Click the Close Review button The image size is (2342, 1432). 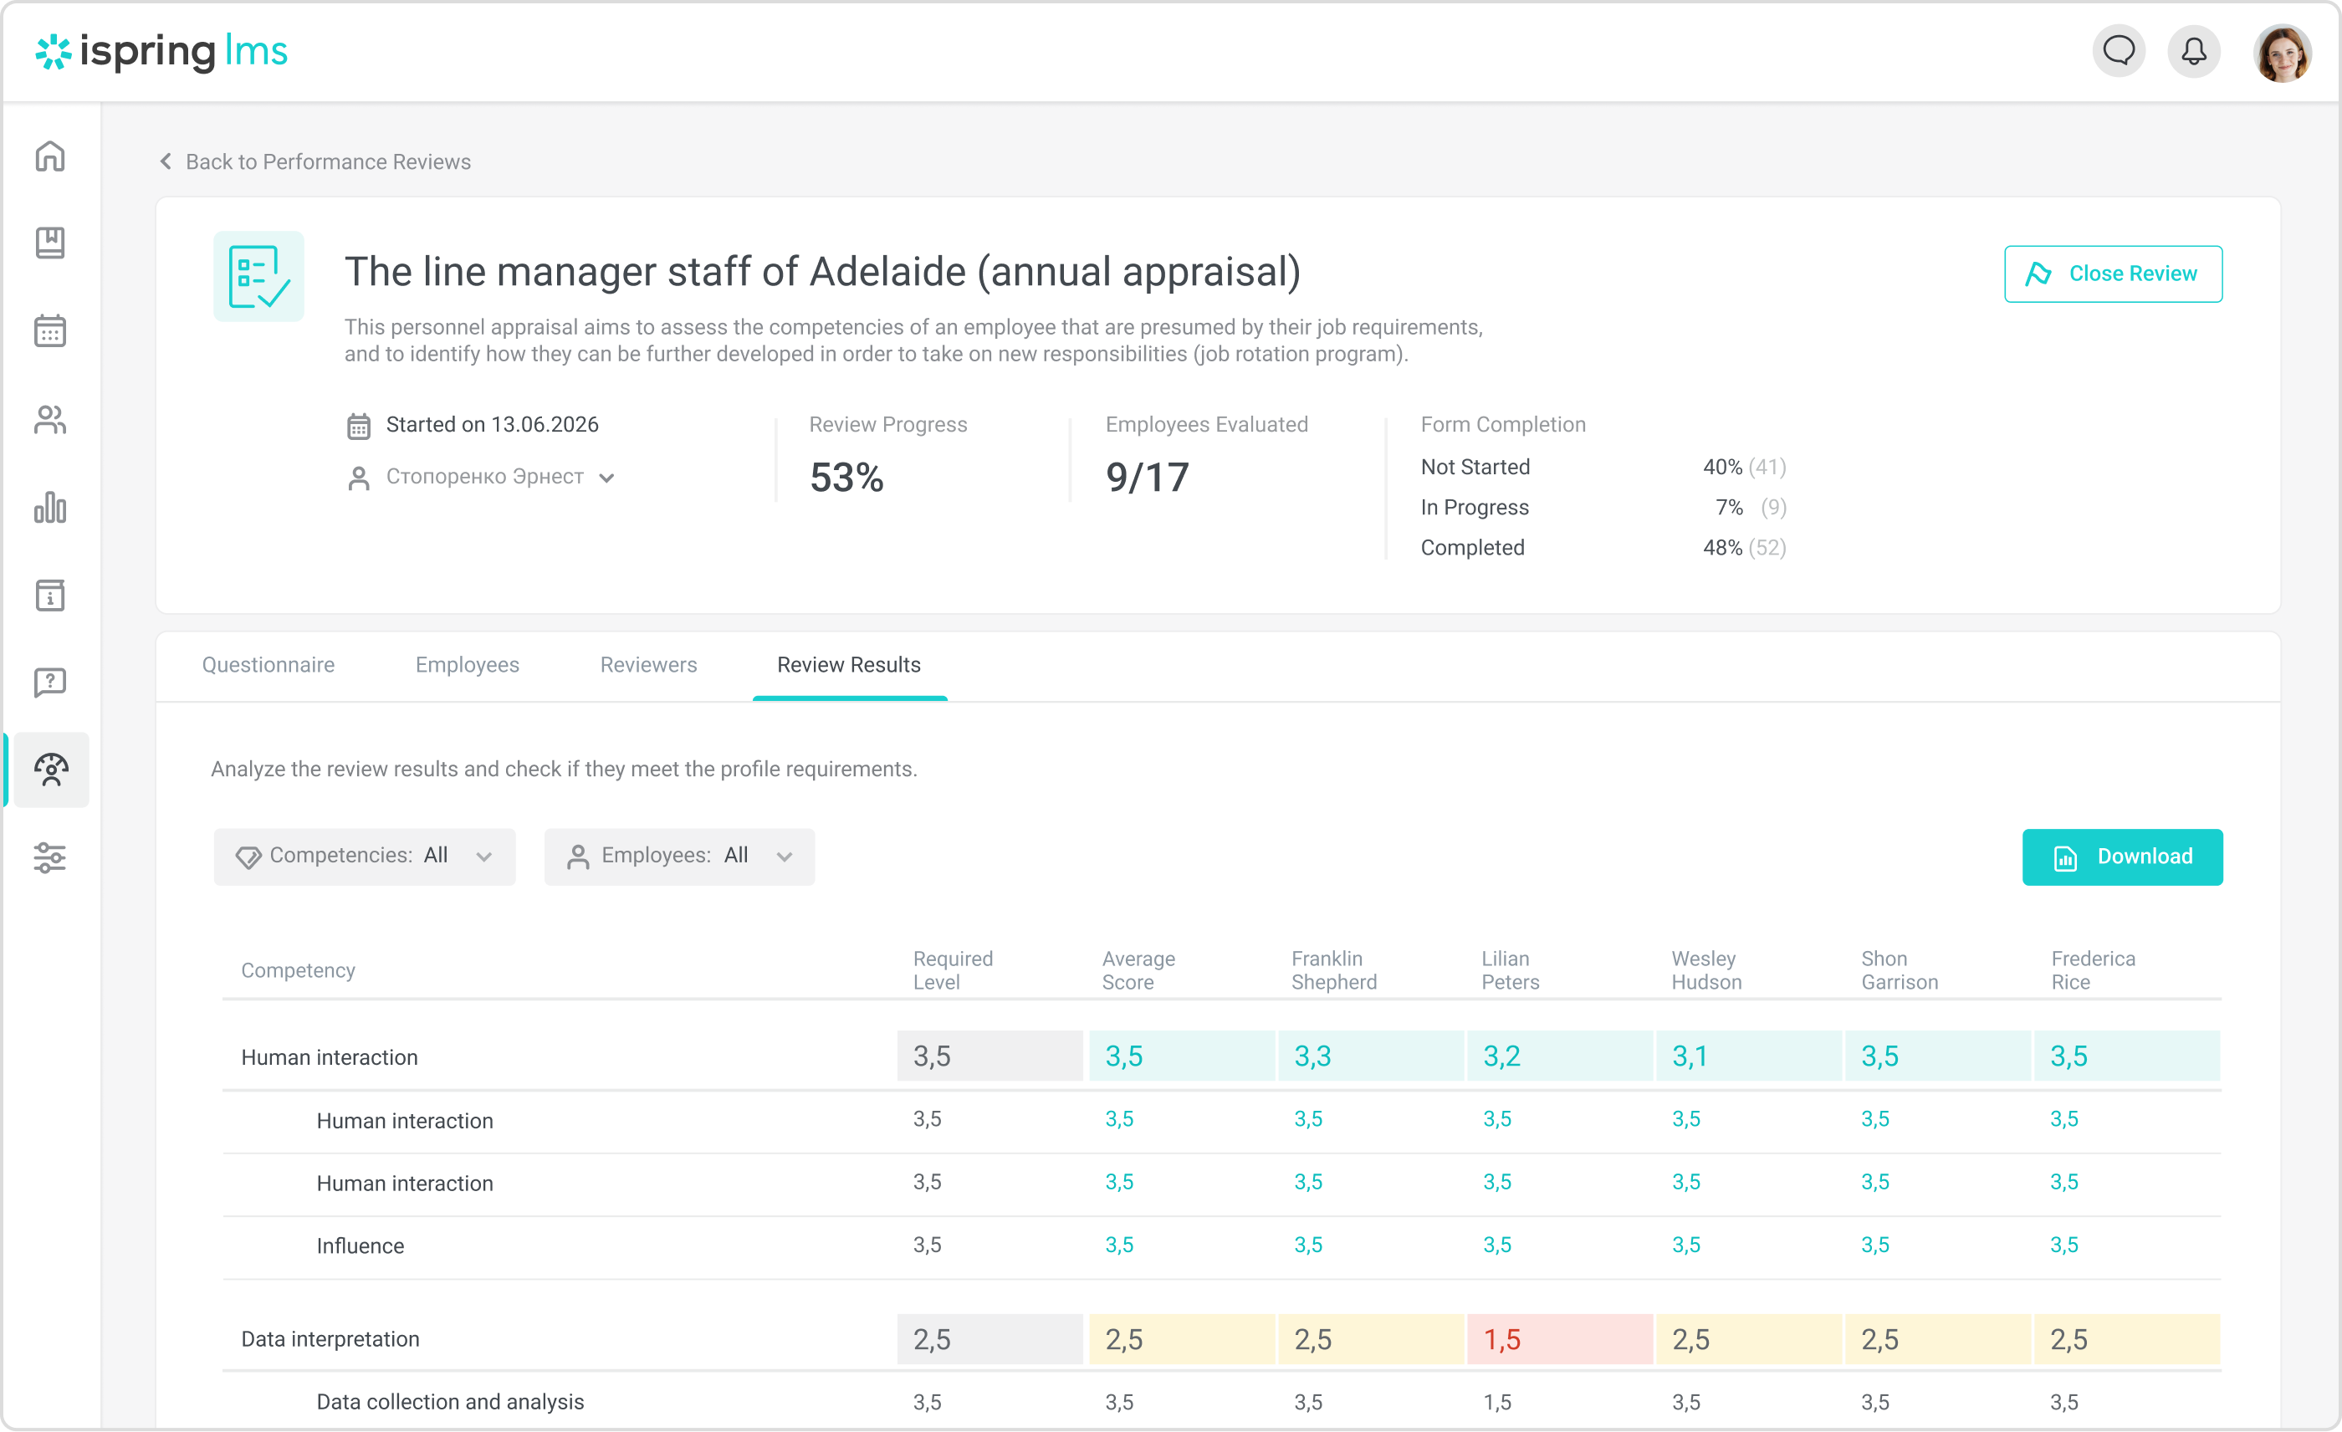coord(2112,274)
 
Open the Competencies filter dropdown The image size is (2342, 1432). coord(364,857)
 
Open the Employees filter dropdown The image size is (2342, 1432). coord(678,857)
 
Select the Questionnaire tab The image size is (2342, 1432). coord(268,664)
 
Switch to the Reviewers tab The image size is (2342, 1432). coord(648,664)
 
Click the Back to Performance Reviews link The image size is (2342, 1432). coord(314,161)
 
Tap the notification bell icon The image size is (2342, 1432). coord(2194,51)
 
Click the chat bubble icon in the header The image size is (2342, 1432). coord(2119,51)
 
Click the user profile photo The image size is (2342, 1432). coord(2281,54)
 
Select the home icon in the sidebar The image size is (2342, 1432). coord(50,156)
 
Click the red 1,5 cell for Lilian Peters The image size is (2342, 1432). coord(1559,1339)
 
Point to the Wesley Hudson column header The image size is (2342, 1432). coord(1706,970)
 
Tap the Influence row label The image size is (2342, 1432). coord(361,1245)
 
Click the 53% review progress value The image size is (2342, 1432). coord(846,477)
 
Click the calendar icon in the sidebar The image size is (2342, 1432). coord(50,330)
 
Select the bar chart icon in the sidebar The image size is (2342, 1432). coord(50,508)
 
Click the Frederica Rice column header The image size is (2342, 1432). coord(2092,970)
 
